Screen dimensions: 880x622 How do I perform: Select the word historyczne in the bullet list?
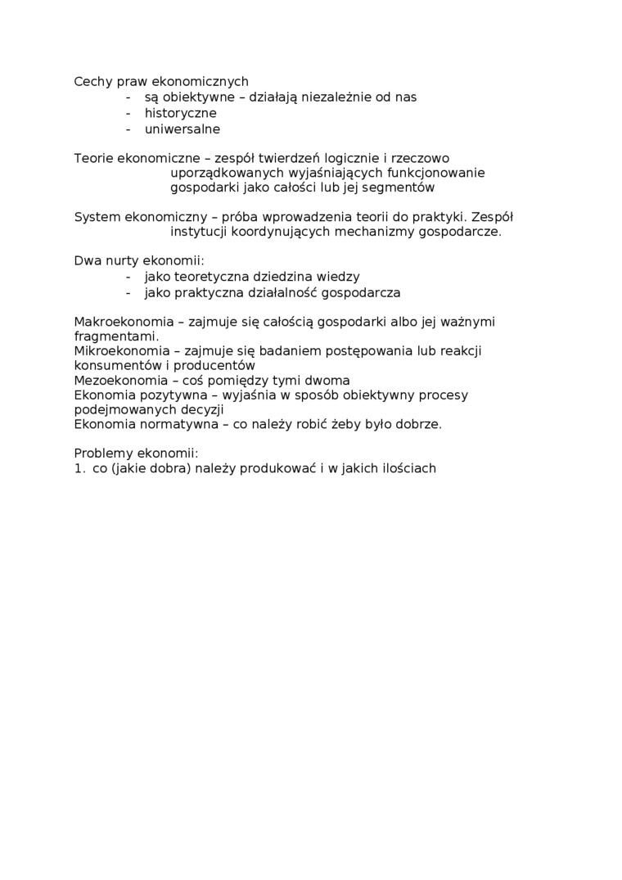[x=180, y=113]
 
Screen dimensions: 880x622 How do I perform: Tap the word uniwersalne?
[x=182, y=129]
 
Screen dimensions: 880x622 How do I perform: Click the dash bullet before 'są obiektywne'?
[x=128, y=97]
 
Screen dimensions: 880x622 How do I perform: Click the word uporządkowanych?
[x=227, y=173]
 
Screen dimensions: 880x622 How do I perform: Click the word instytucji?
[x=199, y=232]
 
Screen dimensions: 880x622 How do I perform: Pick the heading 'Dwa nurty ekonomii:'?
[x=138, y=261]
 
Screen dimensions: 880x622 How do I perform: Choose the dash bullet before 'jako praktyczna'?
[x=128, y=292]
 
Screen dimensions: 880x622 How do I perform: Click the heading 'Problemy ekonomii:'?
[x=136, y=454]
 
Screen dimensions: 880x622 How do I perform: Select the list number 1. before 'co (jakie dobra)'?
[x=79, y=469]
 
